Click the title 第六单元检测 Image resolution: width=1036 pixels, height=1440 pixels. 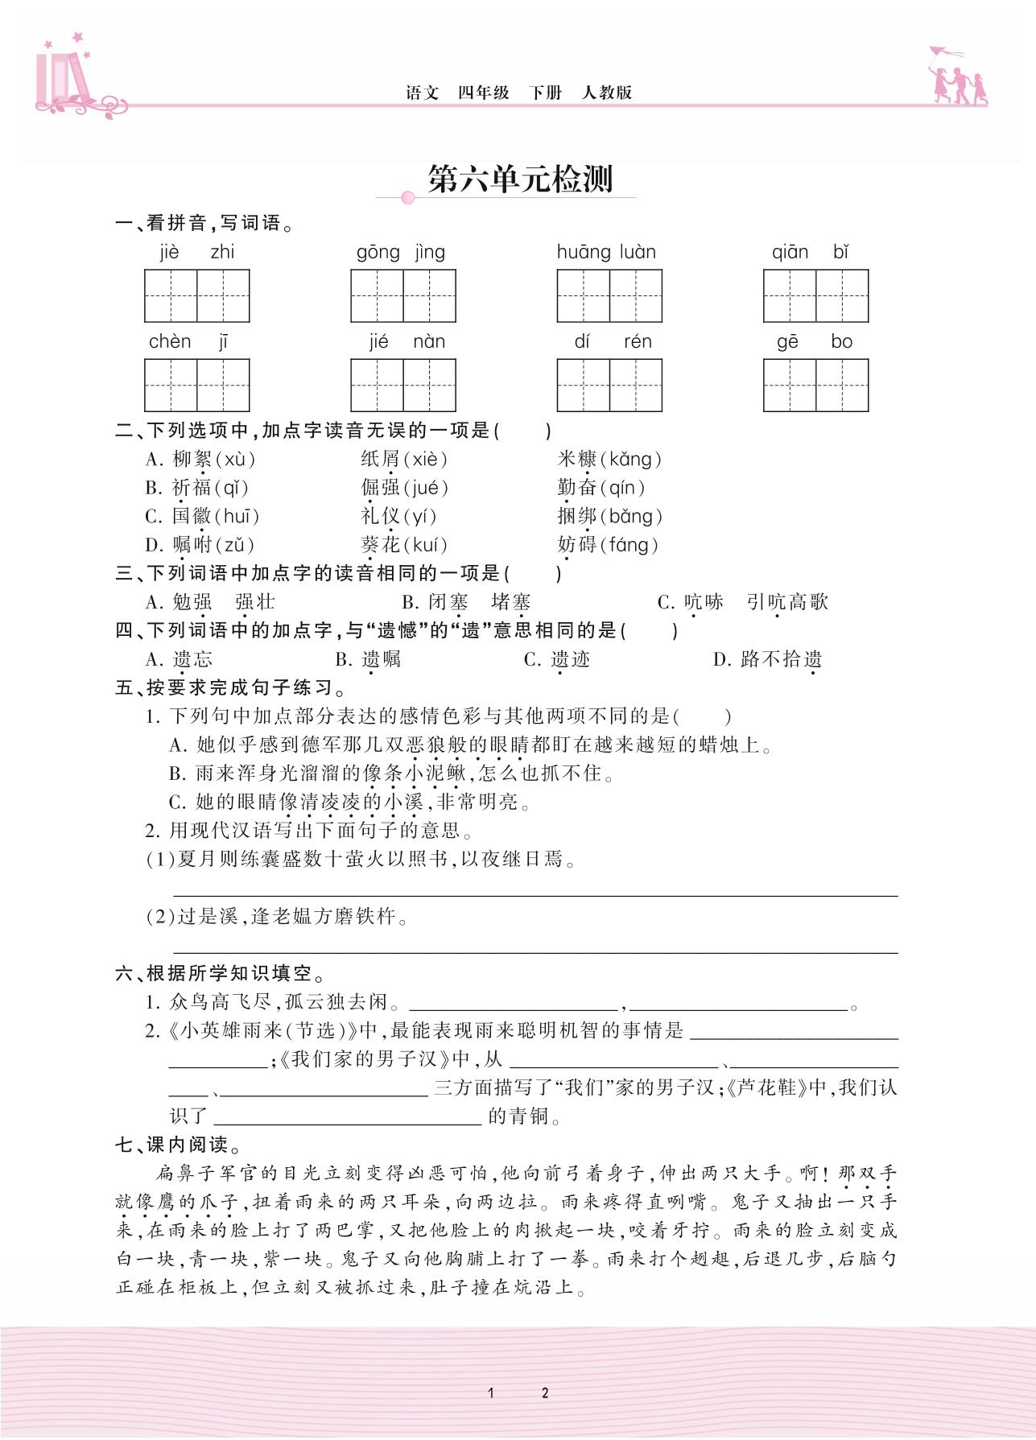(x=519, y=179)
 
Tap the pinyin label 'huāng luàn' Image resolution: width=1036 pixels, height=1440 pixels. (x=606, y=252)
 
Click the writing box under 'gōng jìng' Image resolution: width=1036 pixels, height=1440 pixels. (x=402, y=295)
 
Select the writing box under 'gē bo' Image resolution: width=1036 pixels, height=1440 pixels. (x=815, y=385)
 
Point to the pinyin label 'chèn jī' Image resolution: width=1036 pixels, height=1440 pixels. (x=188, y=341)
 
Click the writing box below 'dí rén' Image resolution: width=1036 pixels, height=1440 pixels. (x=609, y=385)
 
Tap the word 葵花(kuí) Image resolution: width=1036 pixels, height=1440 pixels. (x=404, y=545)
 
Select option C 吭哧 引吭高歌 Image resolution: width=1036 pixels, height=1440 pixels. (x=742, y=602)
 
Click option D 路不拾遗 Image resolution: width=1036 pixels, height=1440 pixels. (x=767, y=659)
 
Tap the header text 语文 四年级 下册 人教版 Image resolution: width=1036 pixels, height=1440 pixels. (x=518, y=93)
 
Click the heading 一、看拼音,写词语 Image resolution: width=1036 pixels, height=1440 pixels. (x=204, y=224)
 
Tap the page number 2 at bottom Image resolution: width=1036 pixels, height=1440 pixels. (x=545, y=1393)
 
